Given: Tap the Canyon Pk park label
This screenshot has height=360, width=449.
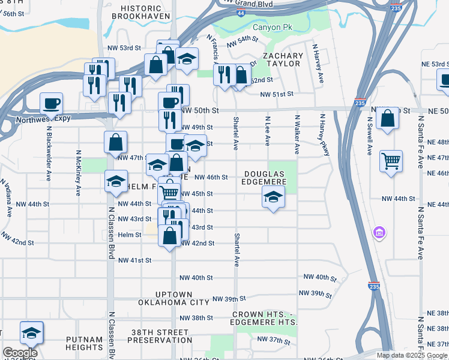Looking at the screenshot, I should point(274,28).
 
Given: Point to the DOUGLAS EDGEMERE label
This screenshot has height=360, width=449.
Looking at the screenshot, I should point(269,178).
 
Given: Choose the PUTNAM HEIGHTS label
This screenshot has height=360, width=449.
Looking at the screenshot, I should point(85,343).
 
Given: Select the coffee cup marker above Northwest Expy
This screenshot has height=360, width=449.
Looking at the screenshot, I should point(51,103).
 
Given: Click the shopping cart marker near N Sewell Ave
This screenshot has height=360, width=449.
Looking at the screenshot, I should point(391,160).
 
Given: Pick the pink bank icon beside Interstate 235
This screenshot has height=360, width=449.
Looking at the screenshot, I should point(379,232).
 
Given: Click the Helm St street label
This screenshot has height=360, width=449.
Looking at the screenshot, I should point(129,235).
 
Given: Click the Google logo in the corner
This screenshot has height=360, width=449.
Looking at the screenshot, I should point(20,353).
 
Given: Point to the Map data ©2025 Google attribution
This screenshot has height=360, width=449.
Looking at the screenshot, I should point(411,355).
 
